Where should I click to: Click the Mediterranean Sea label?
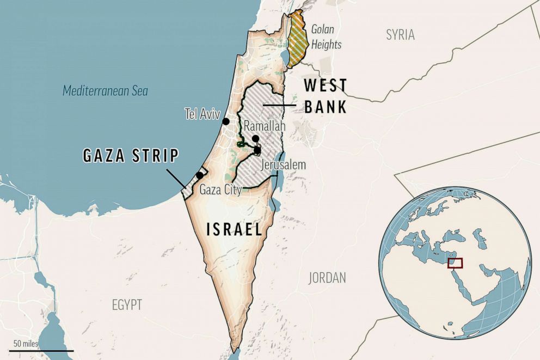click(105, 91)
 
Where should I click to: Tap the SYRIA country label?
click(400, 35)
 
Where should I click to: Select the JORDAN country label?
click(327, 278)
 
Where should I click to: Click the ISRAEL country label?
click(235, 229)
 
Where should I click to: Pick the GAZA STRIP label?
click(131, 156)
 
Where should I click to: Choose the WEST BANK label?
click(325, 96)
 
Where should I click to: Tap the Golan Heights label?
click(326, 37)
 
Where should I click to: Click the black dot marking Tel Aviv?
click(226, 121)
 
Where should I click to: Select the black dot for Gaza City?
click(200, 175)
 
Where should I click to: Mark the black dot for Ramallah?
click(255, 139)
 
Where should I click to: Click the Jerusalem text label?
click(283, 164)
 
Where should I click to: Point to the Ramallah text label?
click(265, 126)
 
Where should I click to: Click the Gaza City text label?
click(220, 190)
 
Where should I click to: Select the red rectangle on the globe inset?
click(455, 263)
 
